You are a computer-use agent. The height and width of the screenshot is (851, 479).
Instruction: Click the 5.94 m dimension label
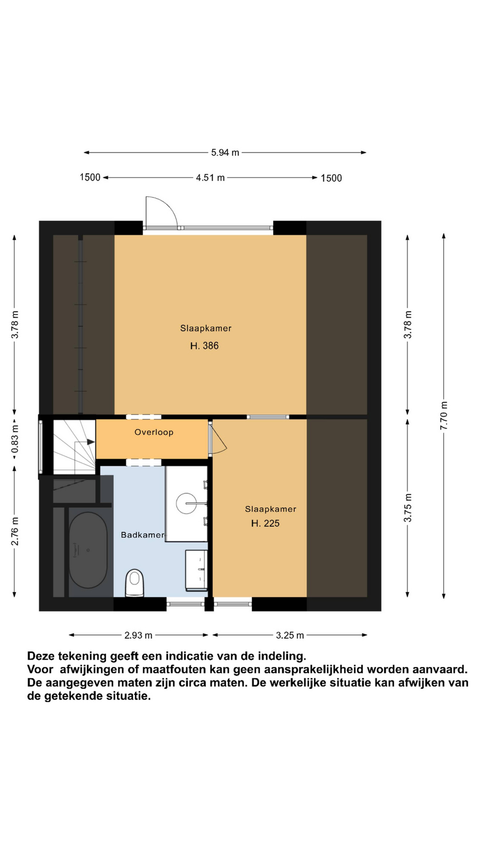click(x=225, y=153)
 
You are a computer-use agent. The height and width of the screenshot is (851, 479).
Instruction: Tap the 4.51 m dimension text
click(x=210, y=178)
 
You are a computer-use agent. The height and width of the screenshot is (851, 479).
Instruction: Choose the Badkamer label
click(x=142, y=535)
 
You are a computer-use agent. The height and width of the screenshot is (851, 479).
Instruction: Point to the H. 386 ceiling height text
click(x=204, y=346)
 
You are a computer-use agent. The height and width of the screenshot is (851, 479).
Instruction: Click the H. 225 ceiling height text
click(x=265, y=523)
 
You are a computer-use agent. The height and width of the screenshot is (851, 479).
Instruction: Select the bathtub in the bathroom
click(x=88, y=550)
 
